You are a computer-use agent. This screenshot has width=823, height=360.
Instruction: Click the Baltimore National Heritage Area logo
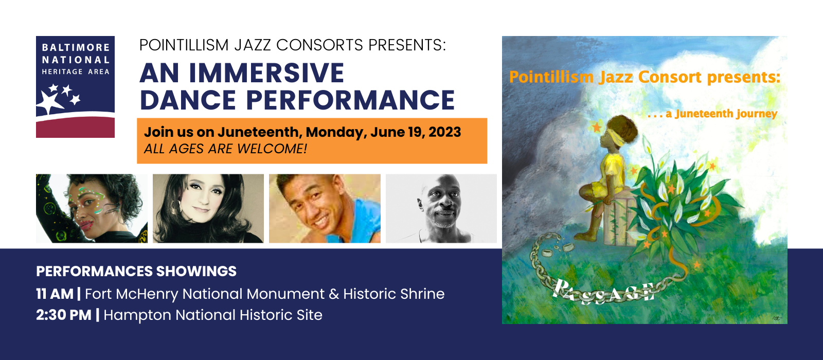75,87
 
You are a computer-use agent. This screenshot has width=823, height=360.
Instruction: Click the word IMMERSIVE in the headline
266,73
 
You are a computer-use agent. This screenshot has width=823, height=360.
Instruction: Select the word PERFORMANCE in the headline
350,100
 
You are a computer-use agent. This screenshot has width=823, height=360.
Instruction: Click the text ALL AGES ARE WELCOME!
225,149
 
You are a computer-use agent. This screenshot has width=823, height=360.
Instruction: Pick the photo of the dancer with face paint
92,208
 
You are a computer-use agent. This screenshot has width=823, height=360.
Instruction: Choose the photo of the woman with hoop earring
208,208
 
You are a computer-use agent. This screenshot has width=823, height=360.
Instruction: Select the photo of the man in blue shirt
325,208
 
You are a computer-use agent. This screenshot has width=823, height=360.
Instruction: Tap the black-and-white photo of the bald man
441,208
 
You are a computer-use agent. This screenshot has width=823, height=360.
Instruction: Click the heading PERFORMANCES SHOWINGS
136,272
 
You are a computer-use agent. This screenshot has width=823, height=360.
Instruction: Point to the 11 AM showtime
55,294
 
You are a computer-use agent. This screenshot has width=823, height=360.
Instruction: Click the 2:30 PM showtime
64,315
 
